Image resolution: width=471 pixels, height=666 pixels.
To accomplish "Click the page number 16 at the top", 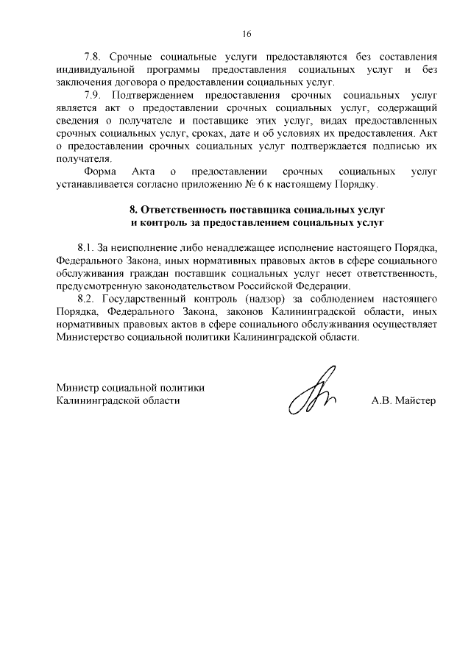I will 247,33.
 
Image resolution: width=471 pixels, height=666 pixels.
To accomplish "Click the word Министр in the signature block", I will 77,388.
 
